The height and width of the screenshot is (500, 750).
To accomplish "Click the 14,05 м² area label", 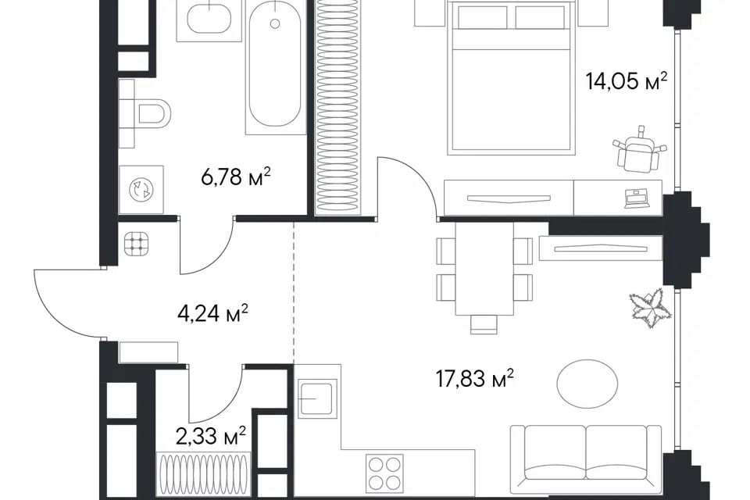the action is click(x=626, y=81).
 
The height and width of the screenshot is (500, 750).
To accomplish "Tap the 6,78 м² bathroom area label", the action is click(x=236, y=177).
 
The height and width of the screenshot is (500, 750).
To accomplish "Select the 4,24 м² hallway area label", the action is click(x=212, y=313).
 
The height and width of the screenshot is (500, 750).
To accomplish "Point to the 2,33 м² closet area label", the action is click(x=211, y=436).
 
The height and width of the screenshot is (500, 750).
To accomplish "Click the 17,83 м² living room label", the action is click(x=474, y=378).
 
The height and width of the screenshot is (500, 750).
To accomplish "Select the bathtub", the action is click(x=275, y=67).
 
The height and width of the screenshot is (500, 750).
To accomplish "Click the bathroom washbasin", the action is click(x=209, y=19).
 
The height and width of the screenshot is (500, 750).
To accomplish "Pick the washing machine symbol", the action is click(x=141, y=190).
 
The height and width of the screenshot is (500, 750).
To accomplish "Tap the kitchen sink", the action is click(x=316, y=397).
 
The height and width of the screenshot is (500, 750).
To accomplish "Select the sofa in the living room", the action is click(x=586, y=459).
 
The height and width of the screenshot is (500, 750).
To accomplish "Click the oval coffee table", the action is click(x=587, y=384).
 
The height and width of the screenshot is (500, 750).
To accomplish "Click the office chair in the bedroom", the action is click(x=638, y=148).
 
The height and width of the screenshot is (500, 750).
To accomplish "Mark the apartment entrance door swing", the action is click(x=69, y=303).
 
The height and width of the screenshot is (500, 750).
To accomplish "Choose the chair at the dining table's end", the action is click(x=484, y=325).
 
